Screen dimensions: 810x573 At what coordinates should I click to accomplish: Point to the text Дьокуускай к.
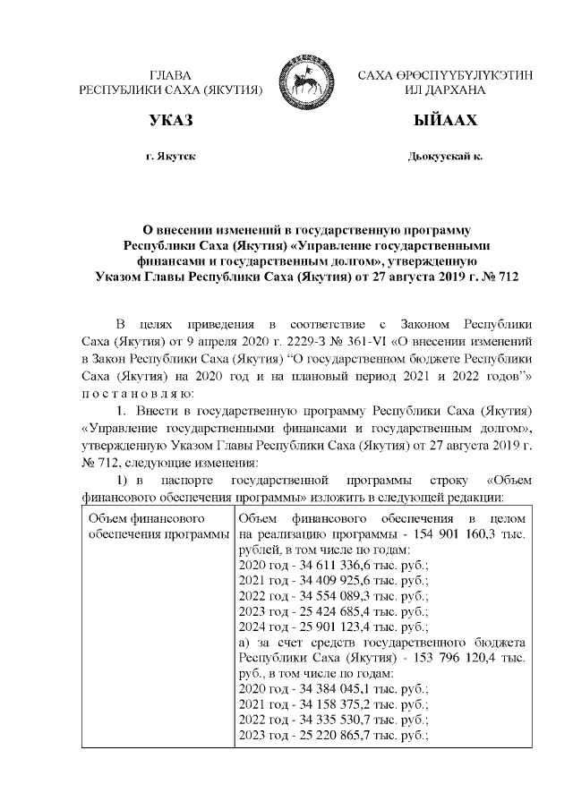coord(445,157)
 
